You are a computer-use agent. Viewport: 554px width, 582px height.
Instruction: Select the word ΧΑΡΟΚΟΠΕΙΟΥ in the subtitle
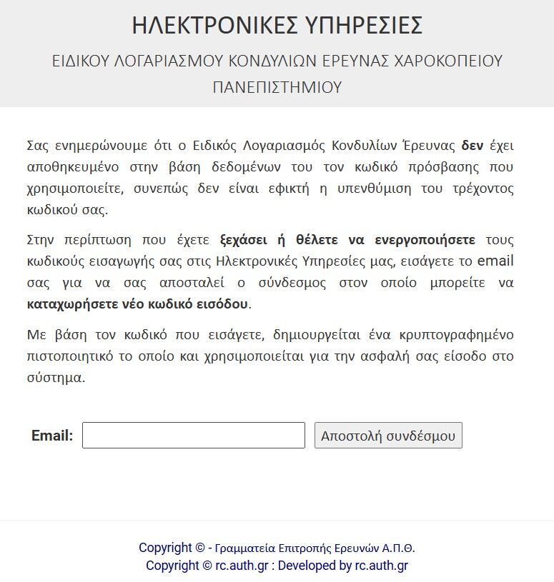click(x=449, y=61)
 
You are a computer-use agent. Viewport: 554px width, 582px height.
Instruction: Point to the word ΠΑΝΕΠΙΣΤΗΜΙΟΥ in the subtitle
click(x=277, y=87)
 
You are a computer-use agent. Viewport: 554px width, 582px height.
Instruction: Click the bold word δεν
click(x=473, y=146)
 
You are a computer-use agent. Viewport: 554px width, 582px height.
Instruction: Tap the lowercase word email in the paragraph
click(x=495, y=261)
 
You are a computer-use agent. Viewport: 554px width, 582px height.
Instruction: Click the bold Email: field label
click(x=52, y=436)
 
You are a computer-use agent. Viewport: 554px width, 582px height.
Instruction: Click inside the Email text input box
click(x=194, y=436)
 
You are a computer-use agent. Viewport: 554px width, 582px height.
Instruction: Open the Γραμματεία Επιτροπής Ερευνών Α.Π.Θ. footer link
click(x=315, y=548)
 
